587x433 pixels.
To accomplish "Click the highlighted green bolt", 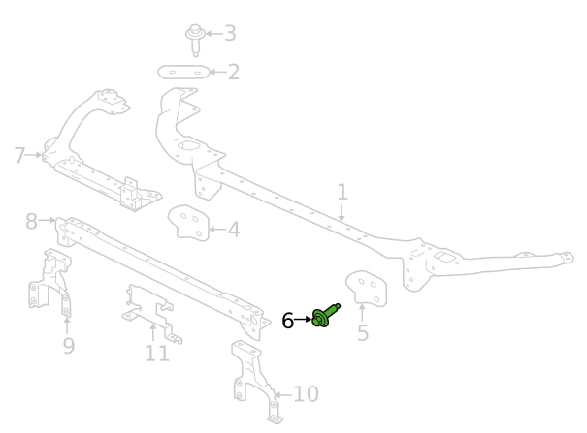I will pos(323,316).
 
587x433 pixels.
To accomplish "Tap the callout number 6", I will pos(288,320).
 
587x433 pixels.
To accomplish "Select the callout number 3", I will pos(230,34).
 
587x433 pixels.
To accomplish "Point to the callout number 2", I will pos(233,72).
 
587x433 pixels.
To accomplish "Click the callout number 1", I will pos(342,192).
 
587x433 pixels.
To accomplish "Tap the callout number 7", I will pos(20,154).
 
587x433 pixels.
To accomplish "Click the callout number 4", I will pos(233,231).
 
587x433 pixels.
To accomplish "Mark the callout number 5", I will pos(363,334).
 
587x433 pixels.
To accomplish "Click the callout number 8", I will pos(32,222).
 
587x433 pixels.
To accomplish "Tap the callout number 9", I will pos(68,346).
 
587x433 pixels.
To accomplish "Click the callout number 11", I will pos(156,354).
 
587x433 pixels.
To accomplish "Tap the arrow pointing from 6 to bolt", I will pos(303,319).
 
